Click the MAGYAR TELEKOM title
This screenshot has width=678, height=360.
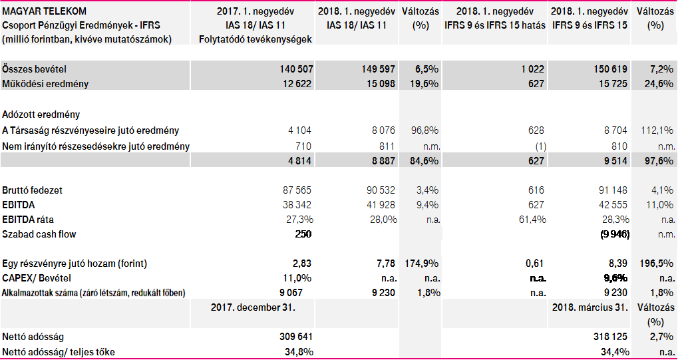(44, 12)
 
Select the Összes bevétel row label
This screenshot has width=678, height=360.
(34, 69)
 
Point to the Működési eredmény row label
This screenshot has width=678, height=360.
(45, 84)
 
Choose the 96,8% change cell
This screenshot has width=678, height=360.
(421, 131)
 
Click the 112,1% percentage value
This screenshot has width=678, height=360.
(655, 131)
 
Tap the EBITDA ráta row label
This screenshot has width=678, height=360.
(30, 219)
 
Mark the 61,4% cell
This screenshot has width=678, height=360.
(529, 219)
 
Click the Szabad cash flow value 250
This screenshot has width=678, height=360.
(303, 234)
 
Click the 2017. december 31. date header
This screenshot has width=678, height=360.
(253, 307)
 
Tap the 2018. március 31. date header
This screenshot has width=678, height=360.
(589, 307)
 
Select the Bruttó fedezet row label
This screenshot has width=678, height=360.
(33, 190)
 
